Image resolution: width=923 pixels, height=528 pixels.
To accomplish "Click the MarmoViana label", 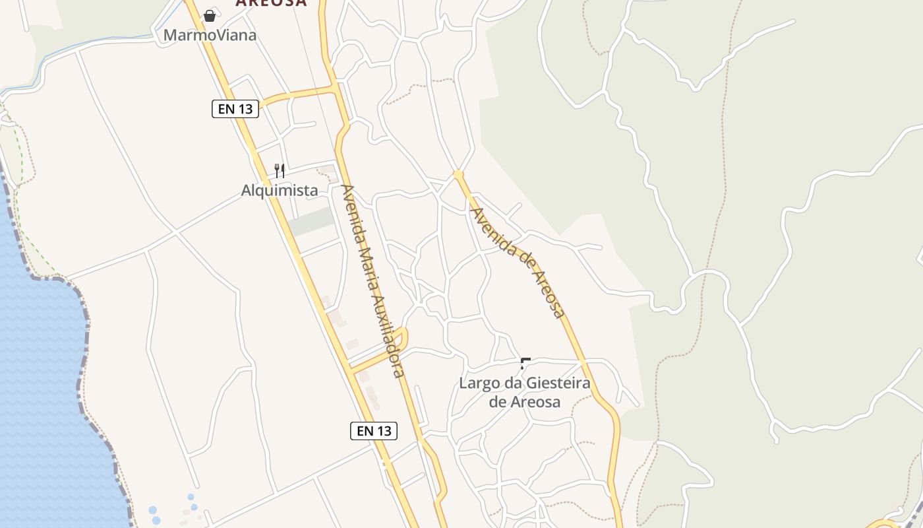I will [210, 35].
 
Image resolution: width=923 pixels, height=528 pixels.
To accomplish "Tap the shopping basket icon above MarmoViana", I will [210, 15].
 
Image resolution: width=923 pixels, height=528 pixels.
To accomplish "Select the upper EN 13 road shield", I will [235, 109].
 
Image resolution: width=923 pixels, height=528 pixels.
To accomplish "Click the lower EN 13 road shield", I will [374, 431].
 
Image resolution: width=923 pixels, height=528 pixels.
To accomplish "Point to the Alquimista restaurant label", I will [280, 191].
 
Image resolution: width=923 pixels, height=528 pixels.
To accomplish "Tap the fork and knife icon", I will [280, 171].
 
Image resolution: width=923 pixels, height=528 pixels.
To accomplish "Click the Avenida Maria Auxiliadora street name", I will [372, 280].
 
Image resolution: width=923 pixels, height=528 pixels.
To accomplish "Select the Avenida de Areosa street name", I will [519, 263].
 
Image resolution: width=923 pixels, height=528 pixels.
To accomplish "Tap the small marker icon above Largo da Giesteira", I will [525, 363].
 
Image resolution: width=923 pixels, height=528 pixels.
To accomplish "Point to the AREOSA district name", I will [271, 3].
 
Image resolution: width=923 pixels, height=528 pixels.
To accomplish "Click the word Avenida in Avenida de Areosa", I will [489, 227].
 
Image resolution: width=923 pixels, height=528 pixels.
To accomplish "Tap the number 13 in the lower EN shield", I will [384, 431].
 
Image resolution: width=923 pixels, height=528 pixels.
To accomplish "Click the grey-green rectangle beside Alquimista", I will [312, 222].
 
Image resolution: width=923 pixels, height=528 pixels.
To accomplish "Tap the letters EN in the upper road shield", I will [227, 109].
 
